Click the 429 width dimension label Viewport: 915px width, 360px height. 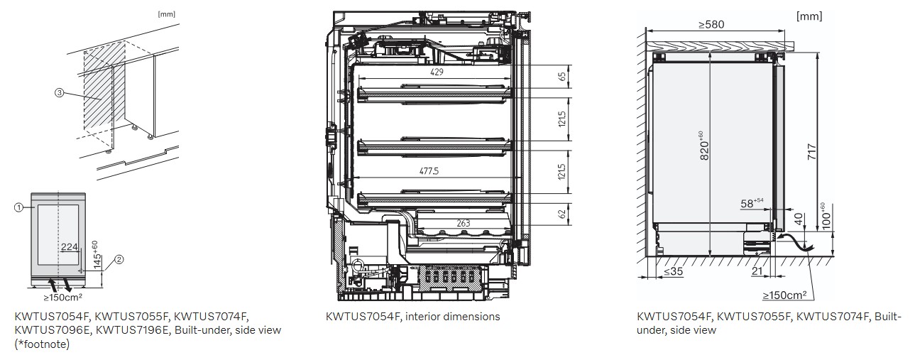coord(437,72)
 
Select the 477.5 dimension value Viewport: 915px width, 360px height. coord(429,171)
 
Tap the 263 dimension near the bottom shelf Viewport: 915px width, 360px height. coord(464,223)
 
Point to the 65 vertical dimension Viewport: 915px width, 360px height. coord(562,77)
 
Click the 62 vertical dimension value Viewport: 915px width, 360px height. coord(562,214)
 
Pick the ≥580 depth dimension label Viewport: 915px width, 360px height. coord(711,25)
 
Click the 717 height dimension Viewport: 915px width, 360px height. coord(812,152)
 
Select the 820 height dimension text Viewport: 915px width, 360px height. coord(704,146)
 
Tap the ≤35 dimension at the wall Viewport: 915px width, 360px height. coord(673,271)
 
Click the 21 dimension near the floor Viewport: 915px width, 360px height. coord(757,271)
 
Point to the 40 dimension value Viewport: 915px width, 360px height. coord(799,219)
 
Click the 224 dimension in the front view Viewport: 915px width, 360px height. coord(70,247)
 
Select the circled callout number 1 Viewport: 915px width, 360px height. coord(18,207)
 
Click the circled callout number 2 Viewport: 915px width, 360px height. coord(119,259)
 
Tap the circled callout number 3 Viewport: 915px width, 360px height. coord(59,93)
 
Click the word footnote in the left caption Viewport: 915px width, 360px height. coord(46,344)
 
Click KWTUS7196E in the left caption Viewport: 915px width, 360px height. coord(132,330)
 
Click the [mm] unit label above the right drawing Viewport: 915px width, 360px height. coord(809,16)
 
